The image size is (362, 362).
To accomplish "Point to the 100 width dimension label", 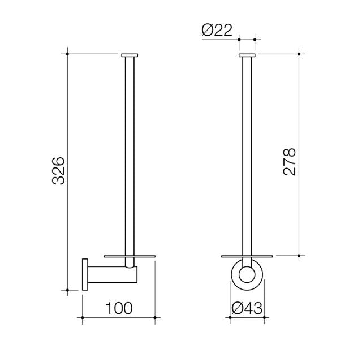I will (119, 308).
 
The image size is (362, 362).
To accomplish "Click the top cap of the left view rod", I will (130, 55).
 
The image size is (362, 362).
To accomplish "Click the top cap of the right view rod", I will (247, 55).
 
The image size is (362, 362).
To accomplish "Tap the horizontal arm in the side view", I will (107, 275).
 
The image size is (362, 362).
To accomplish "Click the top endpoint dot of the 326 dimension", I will (68, 54).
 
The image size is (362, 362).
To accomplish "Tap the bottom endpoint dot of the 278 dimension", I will (299, 256).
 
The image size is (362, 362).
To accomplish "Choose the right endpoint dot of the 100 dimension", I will (155, 321).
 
